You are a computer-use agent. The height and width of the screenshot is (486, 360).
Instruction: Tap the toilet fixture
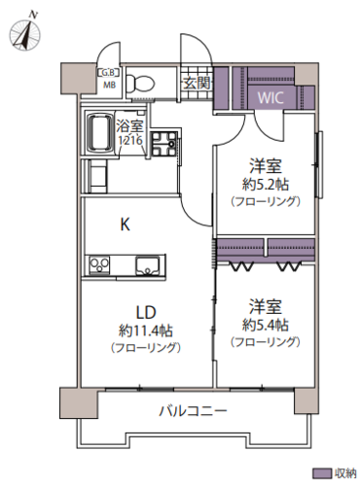(x=141, y=83)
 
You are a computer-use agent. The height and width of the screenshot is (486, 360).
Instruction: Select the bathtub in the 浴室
(x=99, y=132)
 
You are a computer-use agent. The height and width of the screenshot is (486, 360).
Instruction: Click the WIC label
(x=270, y=97)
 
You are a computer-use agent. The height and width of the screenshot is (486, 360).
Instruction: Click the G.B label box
(x=109, y=73)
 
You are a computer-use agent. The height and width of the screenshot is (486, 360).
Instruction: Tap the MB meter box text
(x=108, y=86)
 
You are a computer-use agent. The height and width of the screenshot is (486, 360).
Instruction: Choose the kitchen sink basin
(x=147, y=265)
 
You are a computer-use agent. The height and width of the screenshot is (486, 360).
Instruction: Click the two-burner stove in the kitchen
(x=99, y=265)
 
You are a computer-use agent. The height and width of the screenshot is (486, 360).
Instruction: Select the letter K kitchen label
(x=126, y=225)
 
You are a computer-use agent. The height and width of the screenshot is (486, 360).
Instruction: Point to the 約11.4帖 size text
(x=146, y=330)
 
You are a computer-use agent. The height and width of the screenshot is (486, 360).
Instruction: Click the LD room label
(x=146, y=312)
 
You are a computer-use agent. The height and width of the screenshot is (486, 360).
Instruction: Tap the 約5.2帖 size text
(x=265, y=185)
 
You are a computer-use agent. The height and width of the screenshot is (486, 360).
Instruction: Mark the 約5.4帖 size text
(x=265, y=325)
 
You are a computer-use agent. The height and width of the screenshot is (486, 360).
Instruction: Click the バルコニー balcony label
(x=193, y=411)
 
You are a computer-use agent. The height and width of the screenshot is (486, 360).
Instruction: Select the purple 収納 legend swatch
(x=322, y=473)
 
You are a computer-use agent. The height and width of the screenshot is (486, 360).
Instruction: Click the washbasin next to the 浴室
(x=163, y=144)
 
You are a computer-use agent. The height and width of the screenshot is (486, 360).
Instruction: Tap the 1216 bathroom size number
(x=129, y=141)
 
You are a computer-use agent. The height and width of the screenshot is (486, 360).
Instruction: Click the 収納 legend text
(x=345, y=473)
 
